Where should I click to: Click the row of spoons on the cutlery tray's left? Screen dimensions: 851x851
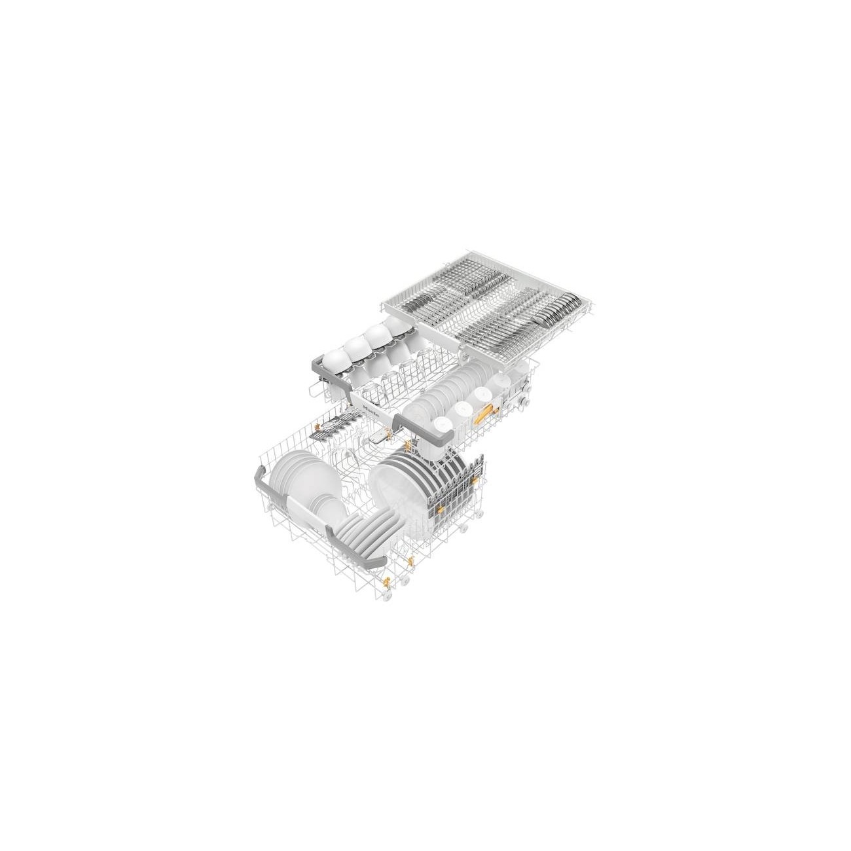(419, 303)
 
